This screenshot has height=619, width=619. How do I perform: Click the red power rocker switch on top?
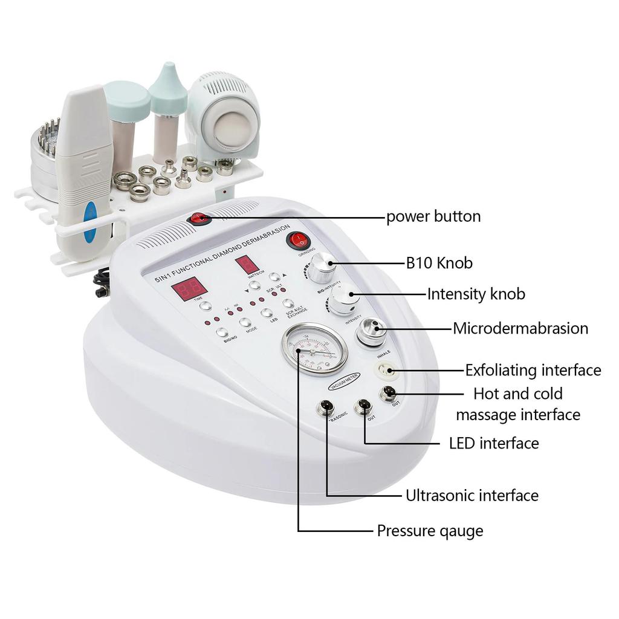point(199,219)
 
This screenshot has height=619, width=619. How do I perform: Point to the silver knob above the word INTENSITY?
point(342,299)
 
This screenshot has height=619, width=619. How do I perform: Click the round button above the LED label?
point(267,313)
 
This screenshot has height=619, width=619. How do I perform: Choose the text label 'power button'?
point(433,216)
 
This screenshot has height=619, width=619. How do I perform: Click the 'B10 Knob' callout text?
point(439,263)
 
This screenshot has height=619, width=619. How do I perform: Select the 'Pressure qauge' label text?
point(430,531)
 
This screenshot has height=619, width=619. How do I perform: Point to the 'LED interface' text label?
point(494,443)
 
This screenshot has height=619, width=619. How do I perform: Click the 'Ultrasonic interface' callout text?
point(472,496)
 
